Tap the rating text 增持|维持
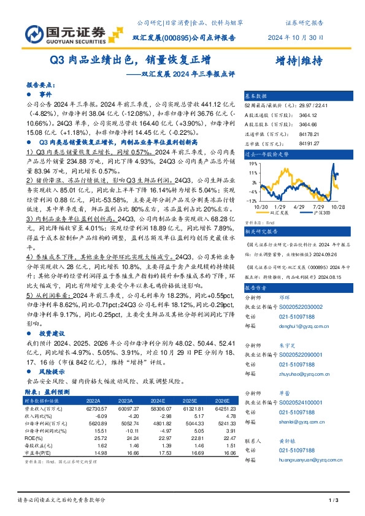coord(299,61)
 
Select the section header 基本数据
coord(256,97)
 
